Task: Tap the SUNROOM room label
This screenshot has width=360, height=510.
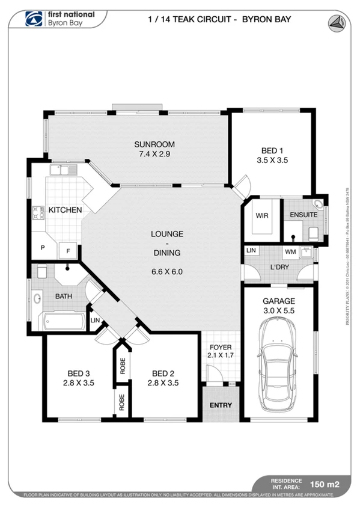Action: [154, 144]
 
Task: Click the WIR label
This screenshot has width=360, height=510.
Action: [261, 215]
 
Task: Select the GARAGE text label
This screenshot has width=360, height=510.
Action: [278, 301]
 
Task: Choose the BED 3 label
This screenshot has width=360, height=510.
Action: [78, 373]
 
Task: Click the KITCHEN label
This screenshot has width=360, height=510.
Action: [65, 210]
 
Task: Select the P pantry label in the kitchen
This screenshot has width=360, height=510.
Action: [43, 248]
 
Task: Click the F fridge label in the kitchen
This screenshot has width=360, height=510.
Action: [68, 250]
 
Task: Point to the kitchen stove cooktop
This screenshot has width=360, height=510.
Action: [38, 213]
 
